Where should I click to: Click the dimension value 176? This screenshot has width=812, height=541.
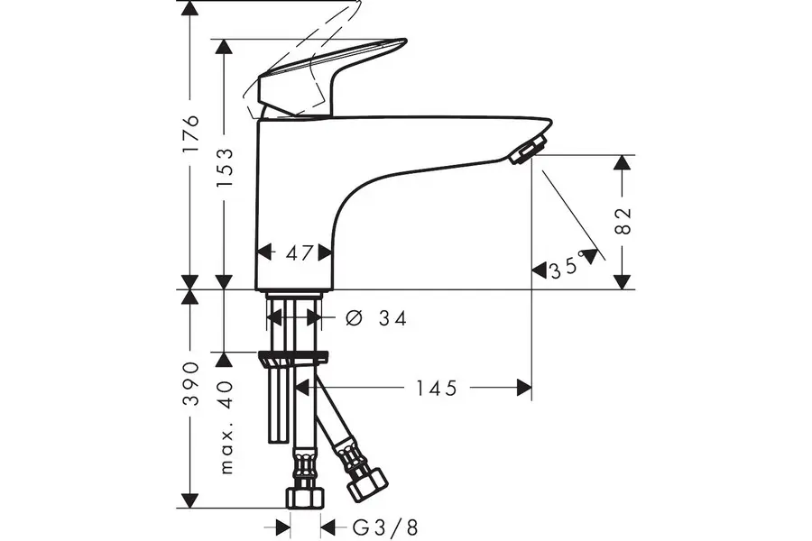(190, 134)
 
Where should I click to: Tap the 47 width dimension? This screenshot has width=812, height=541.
(295, 253)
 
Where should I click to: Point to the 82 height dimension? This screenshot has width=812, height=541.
(623, 221)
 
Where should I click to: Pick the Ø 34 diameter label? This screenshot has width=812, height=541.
(376, 318)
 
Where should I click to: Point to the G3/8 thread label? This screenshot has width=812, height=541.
(384, 527)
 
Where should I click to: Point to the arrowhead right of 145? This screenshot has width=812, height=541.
(523, 388)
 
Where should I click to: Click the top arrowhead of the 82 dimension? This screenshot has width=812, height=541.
(622, 163)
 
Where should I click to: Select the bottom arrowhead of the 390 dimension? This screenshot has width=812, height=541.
(190, 499)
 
